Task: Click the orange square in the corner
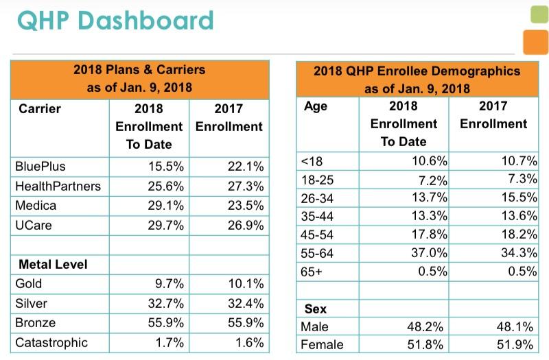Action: click(x=535, y=42)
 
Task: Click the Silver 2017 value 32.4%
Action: click(x=245, y=303)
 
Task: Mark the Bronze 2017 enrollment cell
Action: click(x=245, y=323)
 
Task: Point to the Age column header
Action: click(x=315, y=106)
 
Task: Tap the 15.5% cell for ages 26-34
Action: click(x=519, y=198)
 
